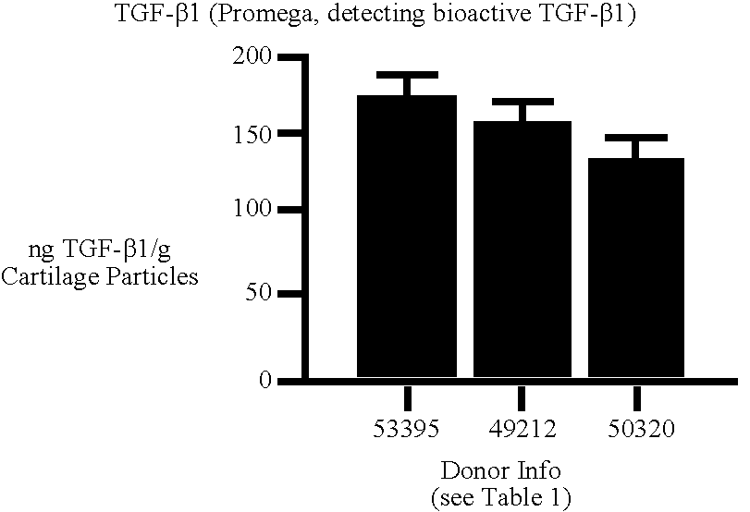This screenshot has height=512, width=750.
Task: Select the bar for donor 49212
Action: [x=522, y=249]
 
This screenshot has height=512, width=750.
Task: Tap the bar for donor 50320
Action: [x=637, y=267]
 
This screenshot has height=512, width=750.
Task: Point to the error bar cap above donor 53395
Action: [x=406, y=74]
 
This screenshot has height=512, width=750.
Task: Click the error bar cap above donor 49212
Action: [x=522, y=101]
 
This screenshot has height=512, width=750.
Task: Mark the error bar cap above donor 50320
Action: [x=637, y=138]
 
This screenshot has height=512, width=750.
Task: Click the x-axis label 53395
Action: [x=406, y=432]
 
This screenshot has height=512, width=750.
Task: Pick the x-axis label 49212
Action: [x=522, y=432]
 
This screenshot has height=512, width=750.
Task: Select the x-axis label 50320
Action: [x=637, y=432]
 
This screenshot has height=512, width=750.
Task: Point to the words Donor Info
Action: [x=499, y=469]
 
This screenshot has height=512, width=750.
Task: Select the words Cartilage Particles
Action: [x=100, y=276]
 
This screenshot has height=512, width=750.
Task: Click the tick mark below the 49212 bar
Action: [x=522, y=397]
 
